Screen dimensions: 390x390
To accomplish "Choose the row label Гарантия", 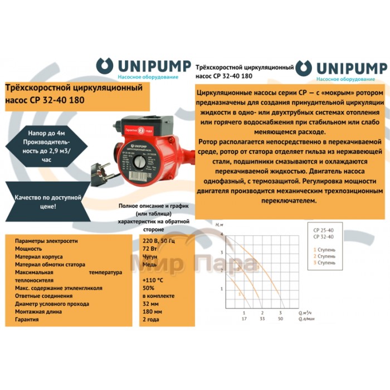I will pyautogui.click(x=28, y=321).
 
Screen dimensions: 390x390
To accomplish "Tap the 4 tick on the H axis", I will pyautogui.click(x=222, y=235).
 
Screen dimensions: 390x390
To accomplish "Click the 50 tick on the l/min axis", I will pyautogui.click(x=280, y=319).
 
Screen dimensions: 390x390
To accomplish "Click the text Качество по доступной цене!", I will pyautogui.click(x=45, y=201).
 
